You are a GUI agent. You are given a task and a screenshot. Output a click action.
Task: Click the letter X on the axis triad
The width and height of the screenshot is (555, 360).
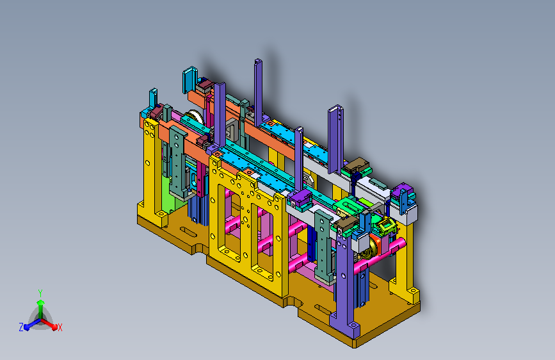point(60,327)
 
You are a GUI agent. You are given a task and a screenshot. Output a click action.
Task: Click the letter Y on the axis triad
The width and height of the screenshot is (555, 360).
point(40,293)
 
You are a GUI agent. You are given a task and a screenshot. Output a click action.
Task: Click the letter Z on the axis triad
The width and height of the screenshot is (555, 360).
point(21,327)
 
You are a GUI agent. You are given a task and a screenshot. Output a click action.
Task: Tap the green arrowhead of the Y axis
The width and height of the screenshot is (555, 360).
point(40,302)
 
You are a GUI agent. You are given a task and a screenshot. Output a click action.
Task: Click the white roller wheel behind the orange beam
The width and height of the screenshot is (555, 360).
point(195,117)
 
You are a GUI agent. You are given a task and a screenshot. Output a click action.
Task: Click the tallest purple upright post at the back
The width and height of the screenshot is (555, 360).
point(258,92)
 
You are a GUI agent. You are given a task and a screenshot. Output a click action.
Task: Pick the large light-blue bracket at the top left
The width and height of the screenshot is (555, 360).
point(189,79)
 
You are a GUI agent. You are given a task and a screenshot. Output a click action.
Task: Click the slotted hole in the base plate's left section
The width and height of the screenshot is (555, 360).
point(189,232)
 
